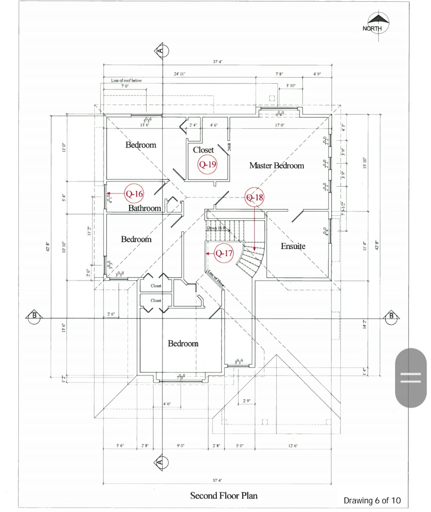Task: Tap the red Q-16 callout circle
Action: [x=134, y=194]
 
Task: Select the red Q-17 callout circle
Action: [x=223, y=253]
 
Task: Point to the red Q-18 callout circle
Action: [x=255, y=197]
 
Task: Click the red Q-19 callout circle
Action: [x=208, y=164]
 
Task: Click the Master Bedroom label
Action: [x=277, y=165]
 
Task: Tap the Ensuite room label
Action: [x=293, y=246]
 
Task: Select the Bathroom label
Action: [x=144, y=208]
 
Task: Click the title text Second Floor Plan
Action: [x=223, y=496]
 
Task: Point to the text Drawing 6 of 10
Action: [x=372, y=500]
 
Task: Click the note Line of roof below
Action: [x=126, y=80]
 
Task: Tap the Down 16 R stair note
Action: [x=216, y=228]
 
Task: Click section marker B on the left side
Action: [x=34, y=316]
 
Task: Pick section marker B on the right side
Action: [x=391, y=316]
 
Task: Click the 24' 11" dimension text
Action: [x=180, y=74]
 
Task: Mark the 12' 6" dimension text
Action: [x=293, y=446]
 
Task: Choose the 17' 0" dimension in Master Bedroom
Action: [x=279, y=125]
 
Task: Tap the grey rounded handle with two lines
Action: [x=411, y=378]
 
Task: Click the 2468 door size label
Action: [x=229, y=147]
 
